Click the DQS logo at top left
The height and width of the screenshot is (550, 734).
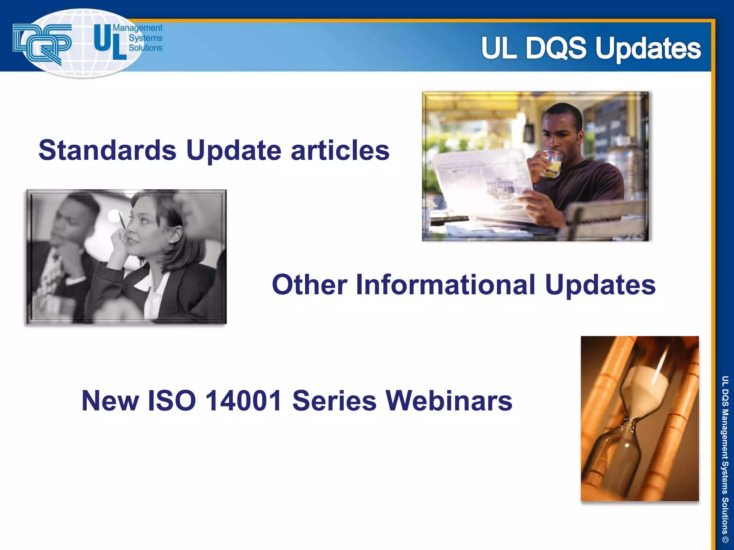tap(42, 43)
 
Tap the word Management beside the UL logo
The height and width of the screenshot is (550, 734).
tap(138, 28)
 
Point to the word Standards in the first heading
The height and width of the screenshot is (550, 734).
tap(108, 150)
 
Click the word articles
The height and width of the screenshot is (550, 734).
tap(340, 150)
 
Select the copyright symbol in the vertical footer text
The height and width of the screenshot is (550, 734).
tap(725, 539)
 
